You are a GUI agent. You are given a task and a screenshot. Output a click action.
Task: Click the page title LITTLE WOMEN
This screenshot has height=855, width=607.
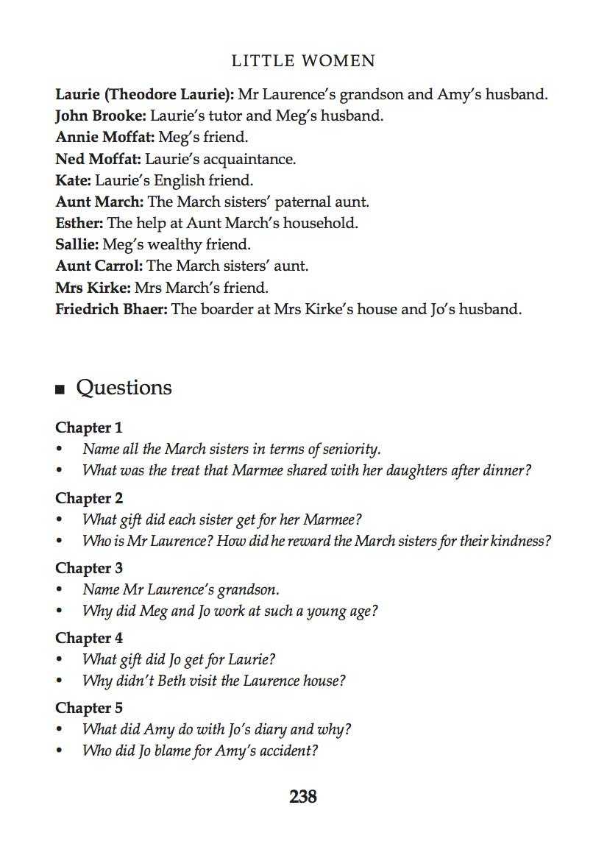303,61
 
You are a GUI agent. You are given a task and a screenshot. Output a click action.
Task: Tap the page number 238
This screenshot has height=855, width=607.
303,796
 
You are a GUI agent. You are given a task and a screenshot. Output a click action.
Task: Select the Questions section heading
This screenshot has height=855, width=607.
124,388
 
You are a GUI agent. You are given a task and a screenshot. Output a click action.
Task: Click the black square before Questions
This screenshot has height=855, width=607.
60,390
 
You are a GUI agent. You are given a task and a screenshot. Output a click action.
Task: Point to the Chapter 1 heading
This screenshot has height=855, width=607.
89,427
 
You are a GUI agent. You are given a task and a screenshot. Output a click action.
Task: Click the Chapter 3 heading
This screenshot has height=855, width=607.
89,568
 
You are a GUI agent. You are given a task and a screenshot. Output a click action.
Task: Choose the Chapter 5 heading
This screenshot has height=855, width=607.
89,708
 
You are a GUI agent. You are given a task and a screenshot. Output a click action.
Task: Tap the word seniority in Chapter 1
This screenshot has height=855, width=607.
351,449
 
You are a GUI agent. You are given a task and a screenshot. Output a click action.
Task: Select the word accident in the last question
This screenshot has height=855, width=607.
286,751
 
